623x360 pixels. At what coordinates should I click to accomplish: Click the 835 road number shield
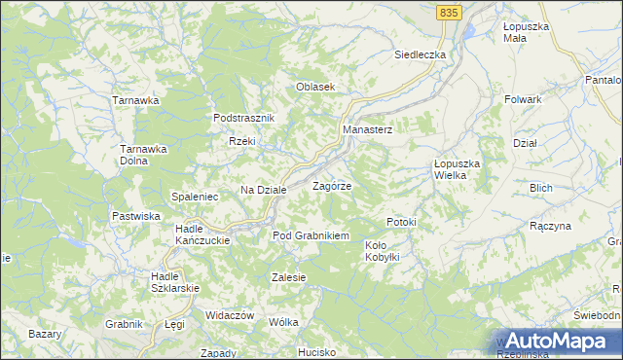(x=448, y=11)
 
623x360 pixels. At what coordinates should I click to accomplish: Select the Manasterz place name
(x=367, y=129)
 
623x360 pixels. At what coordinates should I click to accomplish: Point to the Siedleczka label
(x=420, y=54)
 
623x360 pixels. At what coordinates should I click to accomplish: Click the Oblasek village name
(x=315, y=87)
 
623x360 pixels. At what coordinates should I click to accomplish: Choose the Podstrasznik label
(x=245, y=118)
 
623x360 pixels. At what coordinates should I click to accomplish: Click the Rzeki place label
(x=241, y=142)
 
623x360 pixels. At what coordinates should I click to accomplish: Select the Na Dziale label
(x=264, y=190)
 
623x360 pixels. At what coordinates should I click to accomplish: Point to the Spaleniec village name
(x=195, y=197)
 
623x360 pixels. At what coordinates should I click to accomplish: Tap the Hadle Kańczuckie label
(x=202, y=234)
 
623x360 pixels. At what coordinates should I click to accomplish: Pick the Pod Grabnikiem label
(x=311, y=235)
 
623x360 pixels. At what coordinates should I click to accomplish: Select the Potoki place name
(x=401, y=222)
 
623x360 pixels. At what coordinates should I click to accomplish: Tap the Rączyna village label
(x=551, y=226)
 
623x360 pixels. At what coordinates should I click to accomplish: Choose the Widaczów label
(x=230, y=315)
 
